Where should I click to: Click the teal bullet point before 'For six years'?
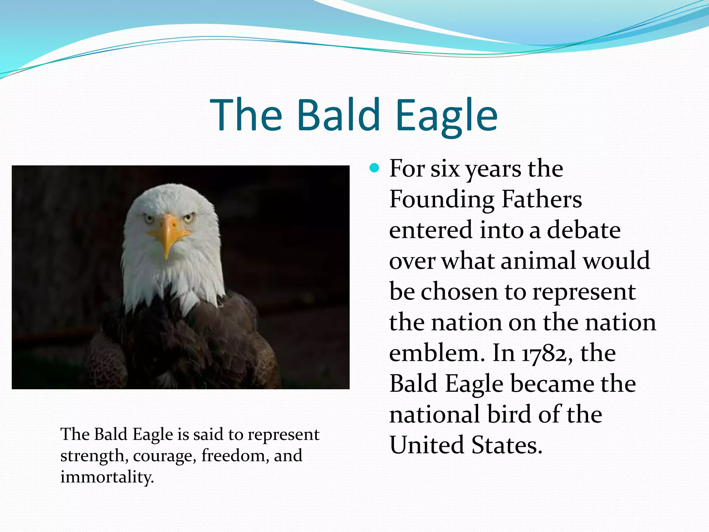(375, 169)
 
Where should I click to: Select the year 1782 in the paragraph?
(547, 354)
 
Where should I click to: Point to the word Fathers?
(542, 199)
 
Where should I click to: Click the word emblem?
(436, 353)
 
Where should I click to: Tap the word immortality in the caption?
(107, 477)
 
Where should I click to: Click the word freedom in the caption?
(235, 455)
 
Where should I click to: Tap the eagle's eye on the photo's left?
(149, 219)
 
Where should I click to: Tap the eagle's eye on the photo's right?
(189, 218)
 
